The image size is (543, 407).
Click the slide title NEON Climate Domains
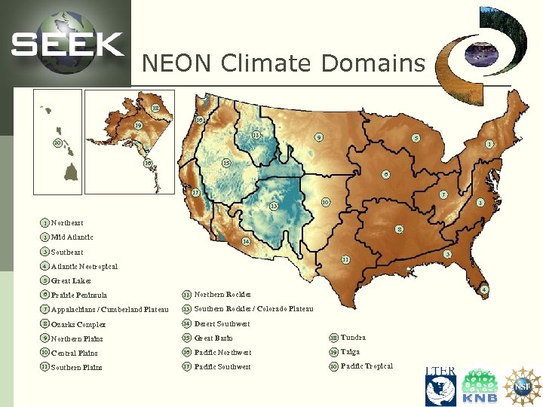(x=284, y=63)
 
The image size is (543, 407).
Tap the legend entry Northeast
(x=67, y=223)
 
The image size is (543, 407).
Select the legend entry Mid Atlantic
(x=72, y=237)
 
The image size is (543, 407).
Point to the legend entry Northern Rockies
(x=222, y=295)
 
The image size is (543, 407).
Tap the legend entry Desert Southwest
(x=222, y=324)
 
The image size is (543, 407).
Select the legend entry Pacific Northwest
(x=222, y=353)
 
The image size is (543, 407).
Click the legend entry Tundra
(x=353, y=338)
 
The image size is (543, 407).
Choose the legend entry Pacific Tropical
(x=367, y=366)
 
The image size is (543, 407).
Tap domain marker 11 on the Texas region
(x=345, y=260)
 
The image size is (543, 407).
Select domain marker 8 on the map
(x=399, y=229)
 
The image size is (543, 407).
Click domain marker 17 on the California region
(x=195, y=193)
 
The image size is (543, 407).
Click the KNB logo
(x=480, y=386)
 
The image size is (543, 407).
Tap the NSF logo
(x=523, y=385)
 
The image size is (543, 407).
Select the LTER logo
(x=440, y=385)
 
